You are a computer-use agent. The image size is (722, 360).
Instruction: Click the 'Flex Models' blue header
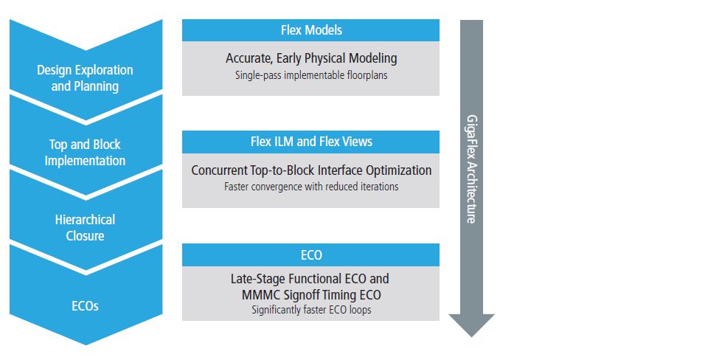click(x=310, y=30)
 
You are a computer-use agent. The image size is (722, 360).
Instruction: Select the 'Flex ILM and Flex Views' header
click(x=310, y=142)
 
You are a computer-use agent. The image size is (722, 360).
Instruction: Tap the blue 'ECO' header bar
click(x=310, y=255)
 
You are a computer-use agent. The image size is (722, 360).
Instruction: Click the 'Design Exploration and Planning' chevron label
click(x=86, y=77)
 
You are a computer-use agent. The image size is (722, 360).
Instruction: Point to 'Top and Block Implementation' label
click(x=86, y=153)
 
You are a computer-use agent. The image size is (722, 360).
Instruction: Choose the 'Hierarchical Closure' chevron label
click(x=86, y=227)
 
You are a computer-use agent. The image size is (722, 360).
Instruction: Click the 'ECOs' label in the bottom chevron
click(x=86, y=305)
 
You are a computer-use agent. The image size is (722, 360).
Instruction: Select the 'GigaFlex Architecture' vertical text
click(x=471, y=168)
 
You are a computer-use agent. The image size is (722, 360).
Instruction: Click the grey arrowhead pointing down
click(x=471, y=325)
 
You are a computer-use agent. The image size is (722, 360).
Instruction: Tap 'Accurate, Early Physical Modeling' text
click(x=311, y=58)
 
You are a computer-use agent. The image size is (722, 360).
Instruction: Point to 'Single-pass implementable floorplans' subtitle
click(x=311, y=75)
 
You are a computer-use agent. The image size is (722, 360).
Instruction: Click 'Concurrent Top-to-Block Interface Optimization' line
click(x=311, y=170)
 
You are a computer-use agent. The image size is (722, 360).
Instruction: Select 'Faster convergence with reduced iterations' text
click(x=311, y=187)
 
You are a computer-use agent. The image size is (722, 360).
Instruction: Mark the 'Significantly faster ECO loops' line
click(x=311, y=310)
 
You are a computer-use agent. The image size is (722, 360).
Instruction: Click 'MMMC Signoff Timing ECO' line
click(x=311, y=294)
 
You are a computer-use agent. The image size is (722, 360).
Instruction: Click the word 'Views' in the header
click(x=357, y=142)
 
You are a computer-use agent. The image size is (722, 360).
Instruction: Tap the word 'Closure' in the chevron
click(x=86, y=236)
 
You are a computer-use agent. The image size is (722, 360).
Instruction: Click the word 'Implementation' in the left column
click(x=86, y=161)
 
